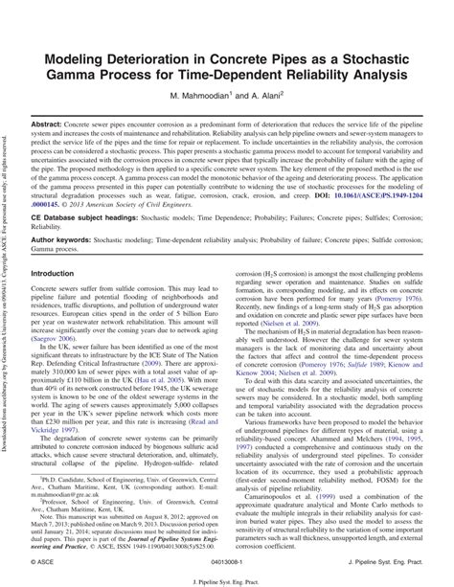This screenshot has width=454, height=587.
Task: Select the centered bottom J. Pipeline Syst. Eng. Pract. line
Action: click(227, 579)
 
